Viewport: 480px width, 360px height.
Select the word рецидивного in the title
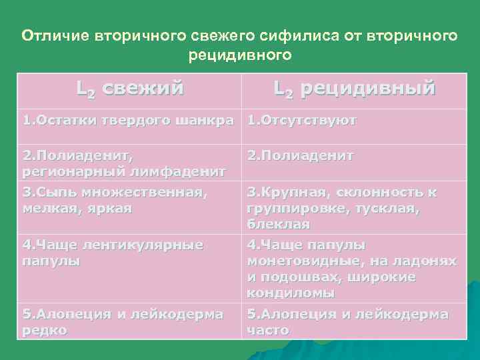click(240, 55)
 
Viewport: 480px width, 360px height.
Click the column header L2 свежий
click(130, 88)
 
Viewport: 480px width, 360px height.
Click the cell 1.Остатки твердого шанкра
click(129, 121)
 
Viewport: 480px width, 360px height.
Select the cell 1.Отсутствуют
click(302, 121)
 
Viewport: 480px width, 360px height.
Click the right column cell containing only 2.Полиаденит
click(300, 155)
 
